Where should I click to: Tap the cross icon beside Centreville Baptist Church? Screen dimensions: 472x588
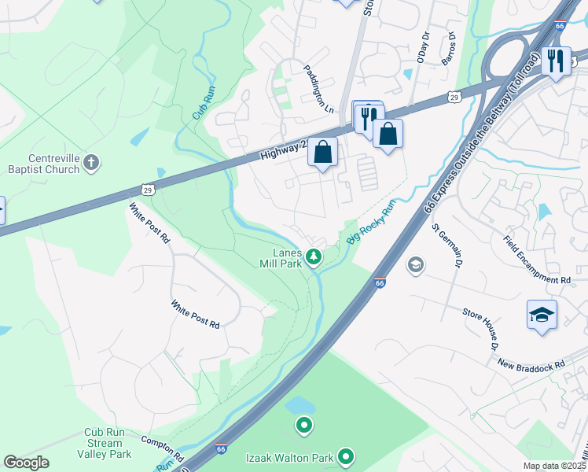(x=91, y=163)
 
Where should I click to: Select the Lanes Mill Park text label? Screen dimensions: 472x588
(x=287, y=258)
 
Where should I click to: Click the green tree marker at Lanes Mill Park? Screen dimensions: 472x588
(x=314, y=256)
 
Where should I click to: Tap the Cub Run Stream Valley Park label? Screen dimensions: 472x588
(x=108, y=443)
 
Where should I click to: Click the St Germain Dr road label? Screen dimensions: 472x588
(x=446, y=245)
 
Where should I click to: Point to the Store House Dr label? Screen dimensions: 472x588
(x=480, y=329)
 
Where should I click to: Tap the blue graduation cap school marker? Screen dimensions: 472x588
(x=542, y=315)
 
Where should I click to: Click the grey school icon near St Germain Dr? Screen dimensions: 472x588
(x=415, y=265)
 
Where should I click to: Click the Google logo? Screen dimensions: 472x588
(x=26, y=463)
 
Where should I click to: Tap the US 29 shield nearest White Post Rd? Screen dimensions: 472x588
(x=147, y=190)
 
